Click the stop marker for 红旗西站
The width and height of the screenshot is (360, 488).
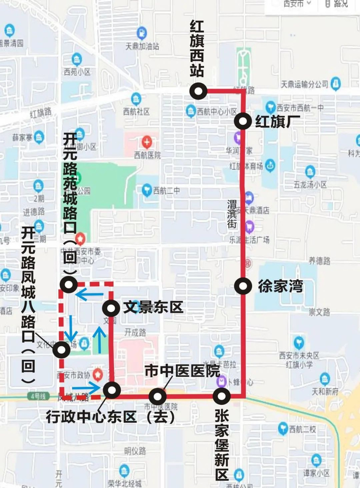click(x=197, y=91)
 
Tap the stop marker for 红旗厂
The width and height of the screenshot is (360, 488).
click(x=243, y=122)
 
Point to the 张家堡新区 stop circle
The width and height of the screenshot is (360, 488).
click(x=222, y=396)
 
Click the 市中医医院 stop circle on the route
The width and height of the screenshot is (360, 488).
click(x=157, y=396)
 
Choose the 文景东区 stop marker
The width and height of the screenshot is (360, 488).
click(x=111, y=308)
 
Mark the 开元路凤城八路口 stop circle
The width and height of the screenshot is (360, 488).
click(x=62, y=349)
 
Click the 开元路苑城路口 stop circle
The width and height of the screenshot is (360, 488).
click(x=68, y=284)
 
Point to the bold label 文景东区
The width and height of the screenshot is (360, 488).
click(x=153, y=308)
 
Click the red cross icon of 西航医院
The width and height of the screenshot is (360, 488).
click(x=147, y=141)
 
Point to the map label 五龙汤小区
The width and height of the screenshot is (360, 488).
click(x=310, y=184)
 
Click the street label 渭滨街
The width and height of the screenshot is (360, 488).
click(x=232, y=214)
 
